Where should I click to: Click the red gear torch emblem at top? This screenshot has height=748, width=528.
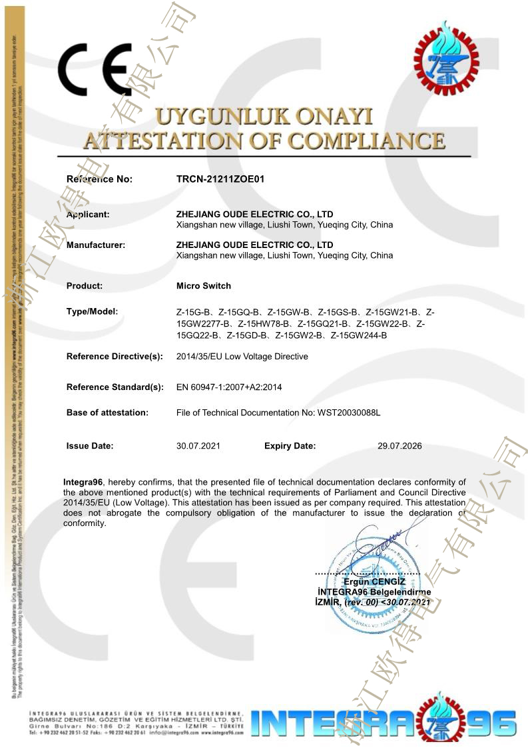click(x=446, y=59)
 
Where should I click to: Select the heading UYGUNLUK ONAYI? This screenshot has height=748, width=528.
click(x=264, y=117)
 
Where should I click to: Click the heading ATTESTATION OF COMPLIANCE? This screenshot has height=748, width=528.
click(x=264, y=141)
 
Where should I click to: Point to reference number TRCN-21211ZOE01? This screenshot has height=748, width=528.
click(x=221, y=179)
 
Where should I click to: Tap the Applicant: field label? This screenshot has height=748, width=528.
click(x=88, y=215)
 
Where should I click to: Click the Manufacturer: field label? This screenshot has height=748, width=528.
click(x=96, y=245)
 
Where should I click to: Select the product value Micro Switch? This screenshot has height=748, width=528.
click(x=204, y=286)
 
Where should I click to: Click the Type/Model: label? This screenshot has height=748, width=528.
click(x=92, y=311)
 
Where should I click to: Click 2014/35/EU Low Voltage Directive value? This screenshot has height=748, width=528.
click(x=242, y=357)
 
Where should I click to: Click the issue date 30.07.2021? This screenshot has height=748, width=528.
click(x=198, y=446)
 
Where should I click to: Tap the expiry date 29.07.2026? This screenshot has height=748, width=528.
click(x=399, y=446)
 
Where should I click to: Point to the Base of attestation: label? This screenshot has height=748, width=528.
click(x=107, y=413)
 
